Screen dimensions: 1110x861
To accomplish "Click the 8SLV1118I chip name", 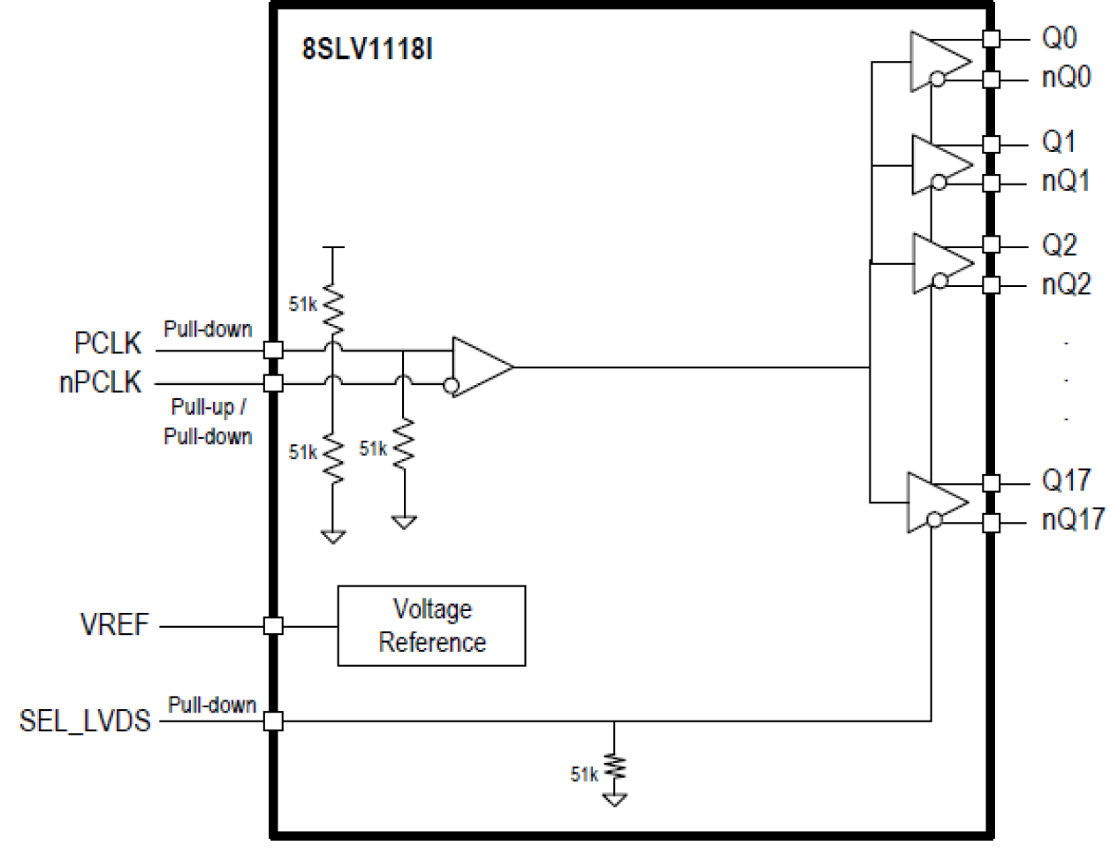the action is pos(368,49).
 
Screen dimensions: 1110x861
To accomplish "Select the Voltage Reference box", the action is pos(431,625).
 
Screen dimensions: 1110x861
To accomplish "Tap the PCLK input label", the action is pos(108,343).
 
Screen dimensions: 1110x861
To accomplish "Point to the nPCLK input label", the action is pos(100,382).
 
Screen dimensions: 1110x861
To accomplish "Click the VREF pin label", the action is pos(114,624).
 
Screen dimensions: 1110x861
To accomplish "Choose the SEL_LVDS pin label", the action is pos(85,721).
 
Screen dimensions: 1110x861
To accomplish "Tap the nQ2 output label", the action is pos(1066,284).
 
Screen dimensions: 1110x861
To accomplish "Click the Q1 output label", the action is pos(1058,141).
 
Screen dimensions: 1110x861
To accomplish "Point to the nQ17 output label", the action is pos(1072,519).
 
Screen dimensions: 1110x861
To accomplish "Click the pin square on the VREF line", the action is pos(273,625).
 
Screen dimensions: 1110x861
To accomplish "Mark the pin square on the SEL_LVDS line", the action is pos(273,721).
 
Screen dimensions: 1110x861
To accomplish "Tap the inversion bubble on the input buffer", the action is pos(451,385).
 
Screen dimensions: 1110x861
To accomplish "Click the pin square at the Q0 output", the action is pos(991,38).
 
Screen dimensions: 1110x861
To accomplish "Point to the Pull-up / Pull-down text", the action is pos(209,421).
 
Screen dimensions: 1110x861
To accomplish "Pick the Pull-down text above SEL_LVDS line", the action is pos(212,705).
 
